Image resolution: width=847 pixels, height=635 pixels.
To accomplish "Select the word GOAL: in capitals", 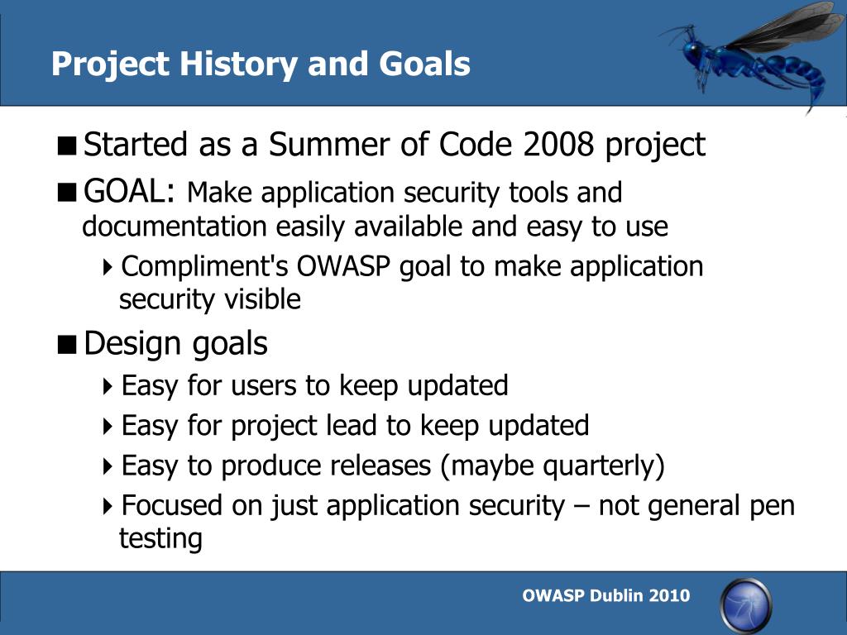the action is coord(129,191).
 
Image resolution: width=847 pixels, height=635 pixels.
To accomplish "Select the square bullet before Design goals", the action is coord(66,344).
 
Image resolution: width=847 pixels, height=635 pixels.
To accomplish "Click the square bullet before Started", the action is coord(66,146).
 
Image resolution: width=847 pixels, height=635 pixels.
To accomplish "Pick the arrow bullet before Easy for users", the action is coord(108,386).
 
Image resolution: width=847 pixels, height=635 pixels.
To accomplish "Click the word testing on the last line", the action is coord(160,538).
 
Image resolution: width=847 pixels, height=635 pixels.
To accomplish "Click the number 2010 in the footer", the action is coord(669,595).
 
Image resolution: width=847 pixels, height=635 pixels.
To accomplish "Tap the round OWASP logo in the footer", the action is coord(746,605).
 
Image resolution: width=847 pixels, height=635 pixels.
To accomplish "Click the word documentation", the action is coord(175,226).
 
